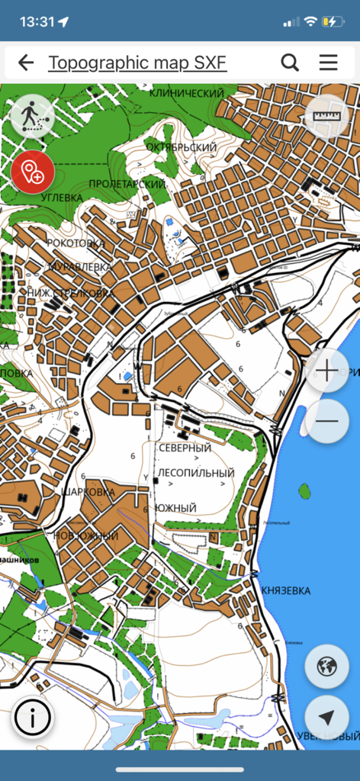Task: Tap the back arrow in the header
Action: coord(26,63)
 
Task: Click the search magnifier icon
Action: coord(290,63)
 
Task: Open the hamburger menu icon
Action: coord(329,63)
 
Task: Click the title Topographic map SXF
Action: coord(137,63)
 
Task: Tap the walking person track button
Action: coord(32,117)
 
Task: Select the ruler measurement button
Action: coord(326,117)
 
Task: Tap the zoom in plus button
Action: coord(326,371)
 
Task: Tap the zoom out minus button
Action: coord(326,420)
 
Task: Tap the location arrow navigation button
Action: coord(326,718)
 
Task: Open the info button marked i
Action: coord(33,718)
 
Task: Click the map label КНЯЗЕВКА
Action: coord(284,590)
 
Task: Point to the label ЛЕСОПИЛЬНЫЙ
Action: coord(196,473)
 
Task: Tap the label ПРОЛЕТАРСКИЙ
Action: coord(127,184)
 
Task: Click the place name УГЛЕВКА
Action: coord(62,198)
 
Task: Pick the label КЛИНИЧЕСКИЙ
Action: coord(186,92)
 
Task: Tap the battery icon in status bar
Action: coord(333,21)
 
